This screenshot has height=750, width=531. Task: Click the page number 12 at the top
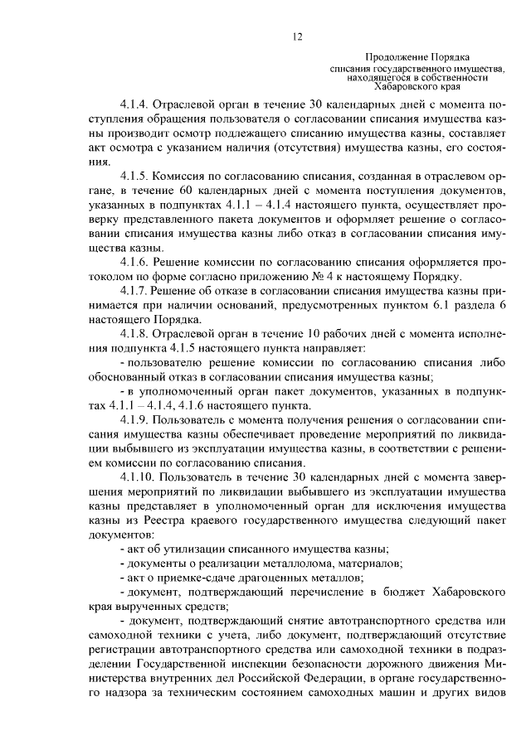click(x=298, y=36)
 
